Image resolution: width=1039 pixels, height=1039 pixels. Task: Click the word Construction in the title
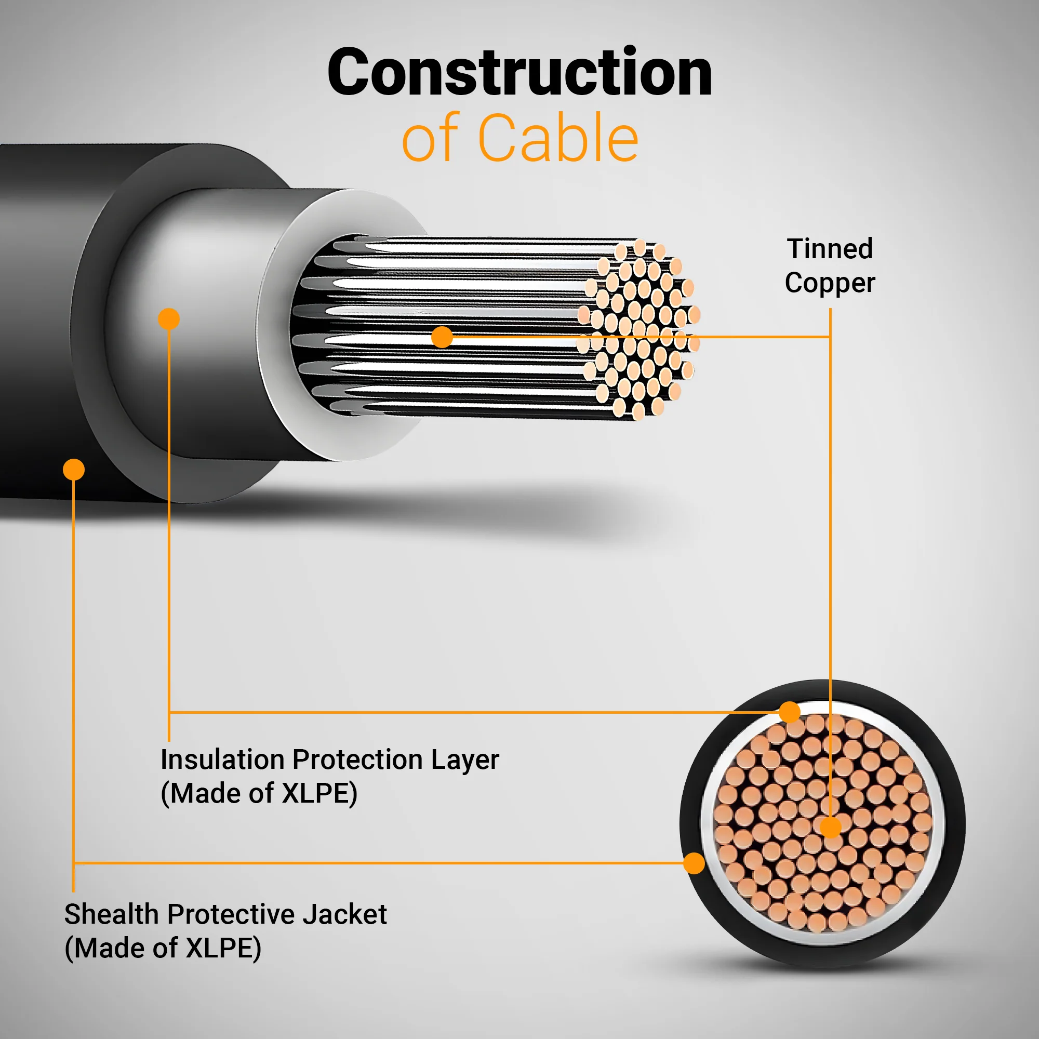pos(519,72)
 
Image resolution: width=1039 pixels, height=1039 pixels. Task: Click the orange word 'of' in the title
pos(431,138)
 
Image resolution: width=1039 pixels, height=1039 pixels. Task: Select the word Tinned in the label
pos(830,249)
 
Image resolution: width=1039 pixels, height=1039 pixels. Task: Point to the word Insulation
pos(223,760)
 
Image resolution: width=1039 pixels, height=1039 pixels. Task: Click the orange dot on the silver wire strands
pos(442,337)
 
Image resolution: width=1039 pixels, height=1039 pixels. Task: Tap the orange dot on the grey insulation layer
pos(169,319)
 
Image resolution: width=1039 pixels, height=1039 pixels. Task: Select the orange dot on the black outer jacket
pos(74,470)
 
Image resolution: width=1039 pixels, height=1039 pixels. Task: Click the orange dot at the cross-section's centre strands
pos(830,828)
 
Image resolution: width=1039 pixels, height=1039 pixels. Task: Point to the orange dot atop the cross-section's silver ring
pos(790,712)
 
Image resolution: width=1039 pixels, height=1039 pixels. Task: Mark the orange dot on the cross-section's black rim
pos(694,863)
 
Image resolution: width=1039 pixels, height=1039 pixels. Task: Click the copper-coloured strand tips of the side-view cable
pos(639,329)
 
